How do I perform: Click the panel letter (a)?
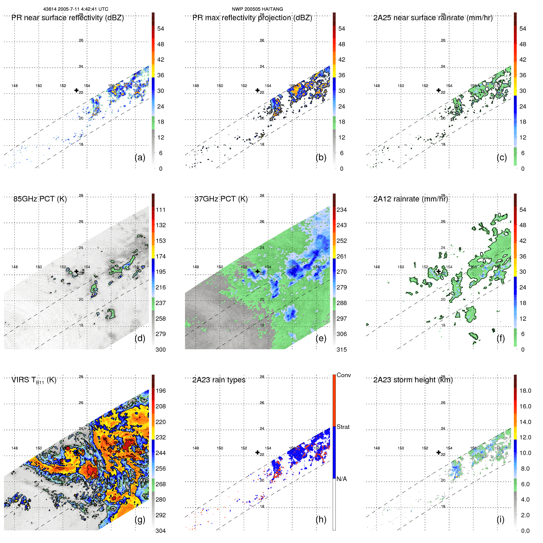pos(140,158)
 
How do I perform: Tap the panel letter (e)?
pos(321,338)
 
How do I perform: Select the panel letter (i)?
pos(500,519)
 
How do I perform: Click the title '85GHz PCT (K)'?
pos(40,199)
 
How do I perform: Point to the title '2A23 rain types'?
pos(219,380)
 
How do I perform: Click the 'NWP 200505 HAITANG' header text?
pos(257,9)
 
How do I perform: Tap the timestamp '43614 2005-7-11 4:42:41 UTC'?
pos(76,9)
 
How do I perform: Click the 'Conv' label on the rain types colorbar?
pos(343,375)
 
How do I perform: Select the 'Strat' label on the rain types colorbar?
pos(343,427)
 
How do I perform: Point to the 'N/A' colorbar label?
pos(342,479)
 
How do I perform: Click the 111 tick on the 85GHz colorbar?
pos(161,210)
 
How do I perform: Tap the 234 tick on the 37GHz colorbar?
pos(342,210)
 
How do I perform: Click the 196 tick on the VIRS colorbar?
pos(161,391)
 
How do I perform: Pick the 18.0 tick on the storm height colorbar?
pos(525,391)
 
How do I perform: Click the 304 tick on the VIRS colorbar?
pos(161,531)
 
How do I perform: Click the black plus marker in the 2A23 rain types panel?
pos(258,453)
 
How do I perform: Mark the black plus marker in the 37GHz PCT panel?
pos(258,271)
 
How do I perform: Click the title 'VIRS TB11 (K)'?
pos(34,380)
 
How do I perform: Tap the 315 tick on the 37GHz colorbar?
pos(342,350)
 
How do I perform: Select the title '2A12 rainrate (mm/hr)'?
pos(411,199)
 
